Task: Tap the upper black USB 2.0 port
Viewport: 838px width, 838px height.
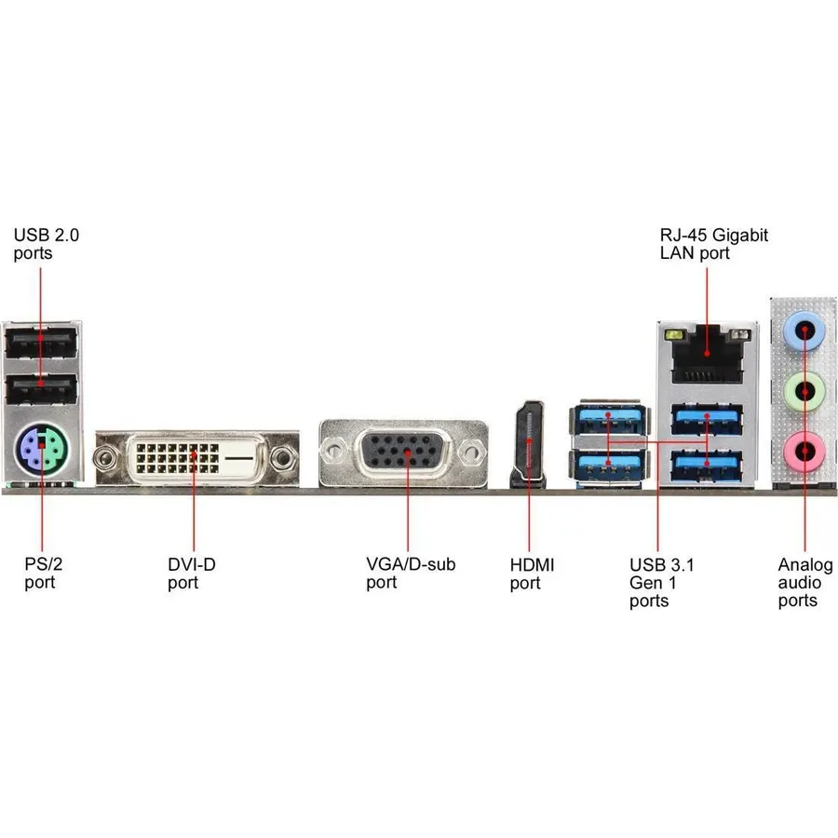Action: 41,342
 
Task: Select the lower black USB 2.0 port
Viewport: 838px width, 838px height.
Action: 41,388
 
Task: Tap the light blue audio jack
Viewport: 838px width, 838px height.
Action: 804,331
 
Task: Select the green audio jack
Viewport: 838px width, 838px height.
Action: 804,392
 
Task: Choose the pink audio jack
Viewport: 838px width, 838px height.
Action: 804,453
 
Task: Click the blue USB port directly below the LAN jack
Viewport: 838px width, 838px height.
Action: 707,419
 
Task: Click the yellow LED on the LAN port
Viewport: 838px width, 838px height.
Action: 673,335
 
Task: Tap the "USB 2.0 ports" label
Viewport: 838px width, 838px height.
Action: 46,244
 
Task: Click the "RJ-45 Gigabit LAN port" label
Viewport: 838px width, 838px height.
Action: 713,244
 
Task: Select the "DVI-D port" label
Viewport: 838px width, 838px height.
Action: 191,573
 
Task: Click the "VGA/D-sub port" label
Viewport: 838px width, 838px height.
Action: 411,573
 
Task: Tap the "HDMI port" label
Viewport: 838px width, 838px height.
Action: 532,574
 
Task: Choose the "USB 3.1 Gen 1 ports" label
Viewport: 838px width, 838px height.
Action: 661,583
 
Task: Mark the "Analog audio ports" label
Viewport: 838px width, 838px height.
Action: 804,583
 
